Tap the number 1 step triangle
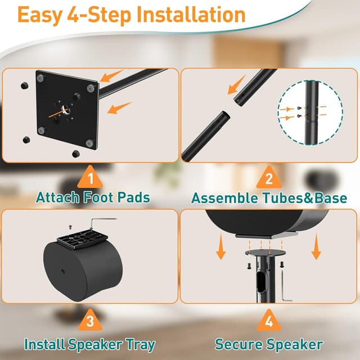[x=90, y=178]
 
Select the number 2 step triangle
[x=269, y=178]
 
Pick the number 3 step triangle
[x=90, y=320]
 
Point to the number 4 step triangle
[x=269, y=321]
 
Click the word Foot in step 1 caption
[x=99, y=197]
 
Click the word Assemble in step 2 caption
[x=224, y=197]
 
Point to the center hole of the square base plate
[x=66, y=109]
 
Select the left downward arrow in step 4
[x=221, y=247]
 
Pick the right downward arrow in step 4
[x=316, y=247]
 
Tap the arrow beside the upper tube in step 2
[x=236, y=85]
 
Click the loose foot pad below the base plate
[x=75, y=154]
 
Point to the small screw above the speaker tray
[x=70, y=227]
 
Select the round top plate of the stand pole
[x=265, y=252]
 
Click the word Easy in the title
[x=40, y=15]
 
